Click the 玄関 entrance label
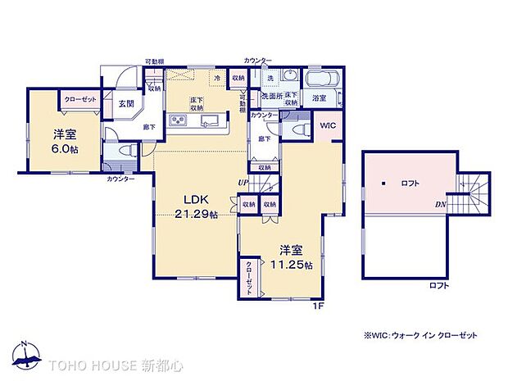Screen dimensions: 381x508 125,104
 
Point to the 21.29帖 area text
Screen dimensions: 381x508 196,215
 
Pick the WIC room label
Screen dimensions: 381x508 327,125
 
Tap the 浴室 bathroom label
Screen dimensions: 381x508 320,98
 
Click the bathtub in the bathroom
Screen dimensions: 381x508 321,79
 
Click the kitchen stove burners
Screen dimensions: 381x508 178,122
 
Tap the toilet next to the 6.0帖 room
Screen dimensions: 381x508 125,152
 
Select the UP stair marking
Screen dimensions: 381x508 243,182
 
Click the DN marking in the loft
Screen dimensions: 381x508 440,203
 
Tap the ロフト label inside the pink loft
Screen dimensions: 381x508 410,183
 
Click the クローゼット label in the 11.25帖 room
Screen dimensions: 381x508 248,279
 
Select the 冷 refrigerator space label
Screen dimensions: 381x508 217,78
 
